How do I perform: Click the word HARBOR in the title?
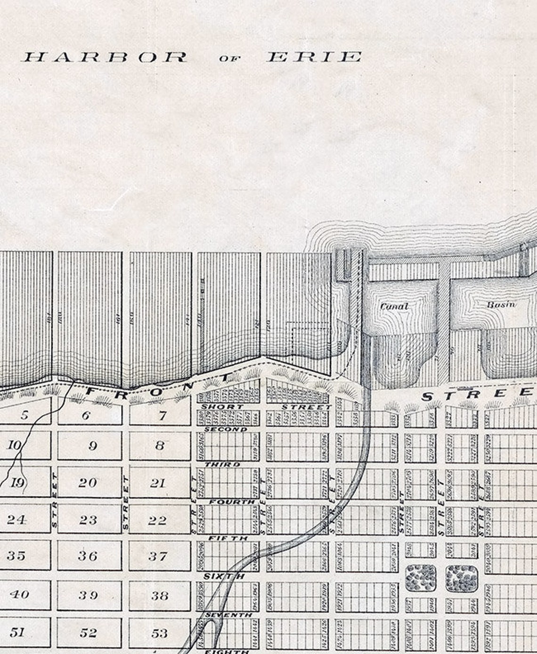click(105, 57)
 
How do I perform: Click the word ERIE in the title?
click(314, 57)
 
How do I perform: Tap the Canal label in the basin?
click(394, 307)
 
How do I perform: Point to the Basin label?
click(501, 304)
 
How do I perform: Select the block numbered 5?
click(24, 415)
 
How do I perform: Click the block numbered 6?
click(86, 415)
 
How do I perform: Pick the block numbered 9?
click(92, 445)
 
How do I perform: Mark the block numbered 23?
click(88, 520)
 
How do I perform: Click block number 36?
click(88, 556)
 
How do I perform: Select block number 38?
click(160, 595)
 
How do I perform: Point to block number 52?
click(89, 632)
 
